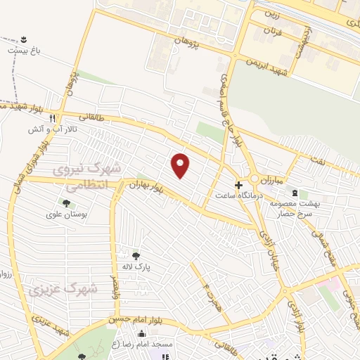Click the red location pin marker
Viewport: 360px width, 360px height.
coord(181,165)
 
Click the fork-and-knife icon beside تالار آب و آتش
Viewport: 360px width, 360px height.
coord(62,119)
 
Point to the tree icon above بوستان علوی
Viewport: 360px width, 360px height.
coord(66,203)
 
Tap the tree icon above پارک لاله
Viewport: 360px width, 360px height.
coord(136,256)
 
